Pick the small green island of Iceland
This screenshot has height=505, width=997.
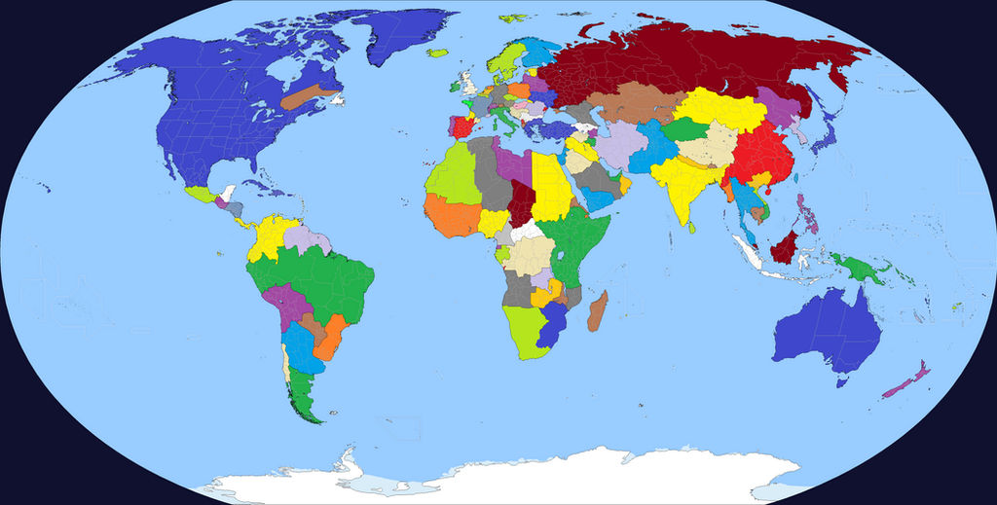[437, 53]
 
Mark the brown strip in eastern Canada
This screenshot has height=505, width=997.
[308, 94]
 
